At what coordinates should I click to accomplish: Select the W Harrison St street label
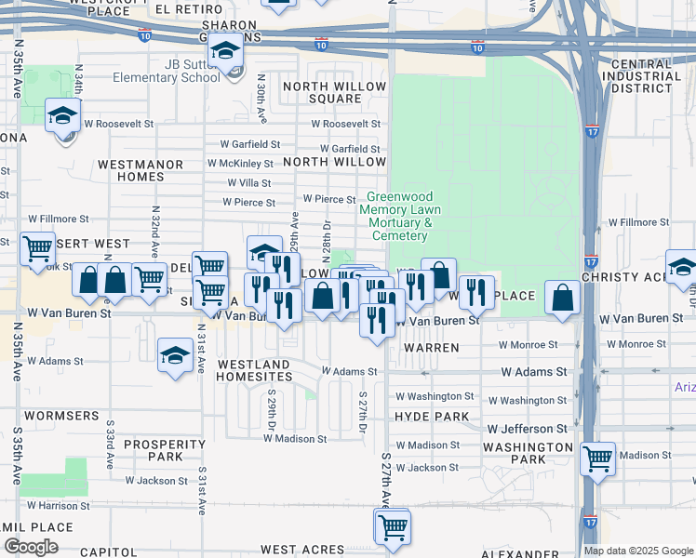[58, 506]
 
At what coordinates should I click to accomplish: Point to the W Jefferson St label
[529, 430]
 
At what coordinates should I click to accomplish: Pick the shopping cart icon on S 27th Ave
[393, 526]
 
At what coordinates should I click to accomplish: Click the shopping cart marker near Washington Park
[597, 458]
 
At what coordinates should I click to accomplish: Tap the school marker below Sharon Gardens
[224, 51]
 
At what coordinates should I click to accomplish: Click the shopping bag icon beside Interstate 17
[563, 298]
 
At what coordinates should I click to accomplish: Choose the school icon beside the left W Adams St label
[174, 355]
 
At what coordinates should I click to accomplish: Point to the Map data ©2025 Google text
[637, 551]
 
